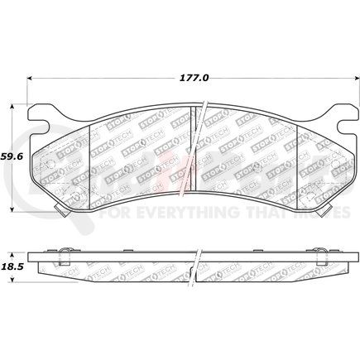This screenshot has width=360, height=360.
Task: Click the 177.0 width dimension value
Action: [x=194, y=77]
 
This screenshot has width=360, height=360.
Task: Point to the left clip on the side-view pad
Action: [x=63, y=249]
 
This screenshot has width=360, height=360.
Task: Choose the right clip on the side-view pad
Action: [x=316, y=249]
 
